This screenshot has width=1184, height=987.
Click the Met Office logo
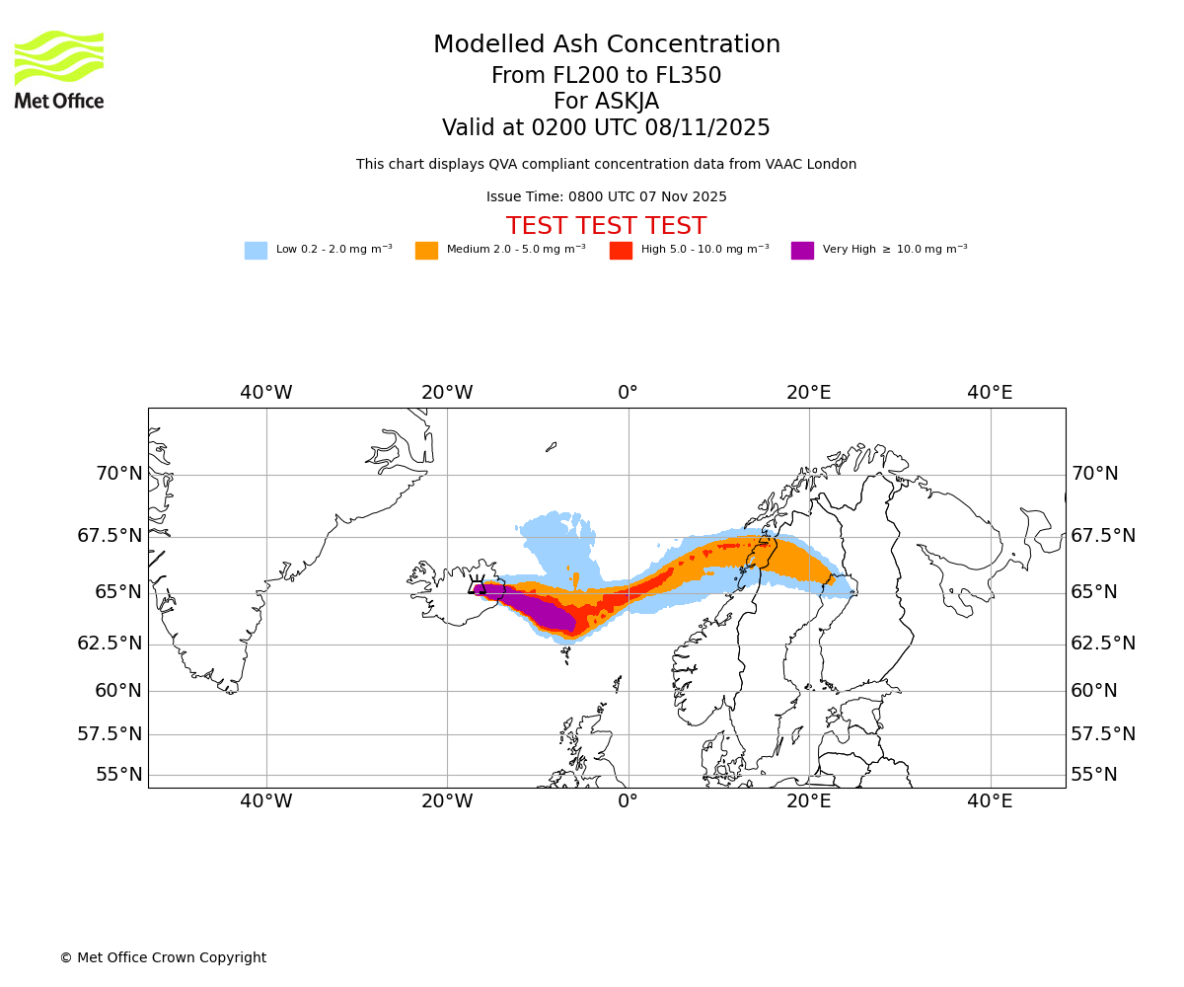click(x=59, y=69)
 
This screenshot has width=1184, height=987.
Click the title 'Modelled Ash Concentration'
click(x=606, y=45)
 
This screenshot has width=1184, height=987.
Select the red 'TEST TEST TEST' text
click(x=606, y=227)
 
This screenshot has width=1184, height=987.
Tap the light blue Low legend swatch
click(x=256, y=251)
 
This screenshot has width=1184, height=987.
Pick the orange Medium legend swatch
click(x=426, y=251)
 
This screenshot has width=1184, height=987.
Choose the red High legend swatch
click(x=621, y=251)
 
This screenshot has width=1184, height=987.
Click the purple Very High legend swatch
click(x=802, y=251)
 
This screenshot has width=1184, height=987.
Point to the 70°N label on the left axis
click(x=118, y=474)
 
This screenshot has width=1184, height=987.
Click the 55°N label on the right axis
click(x=1094, y=775)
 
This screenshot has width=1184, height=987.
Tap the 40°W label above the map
click(x=266, y=393)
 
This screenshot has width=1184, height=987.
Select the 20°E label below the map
click(x=809, y=801)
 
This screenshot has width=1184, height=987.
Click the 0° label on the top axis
click(x=629, y=393)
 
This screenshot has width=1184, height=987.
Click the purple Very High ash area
click(x=538, y=610)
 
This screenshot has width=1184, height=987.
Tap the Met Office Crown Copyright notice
click(x=163, y=958)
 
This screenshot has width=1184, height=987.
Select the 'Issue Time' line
click(x=606, y=197)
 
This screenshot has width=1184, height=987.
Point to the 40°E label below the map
click(x=990, y=801)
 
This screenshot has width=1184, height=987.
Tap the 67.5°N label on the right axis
click(x=1102, y=536)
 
